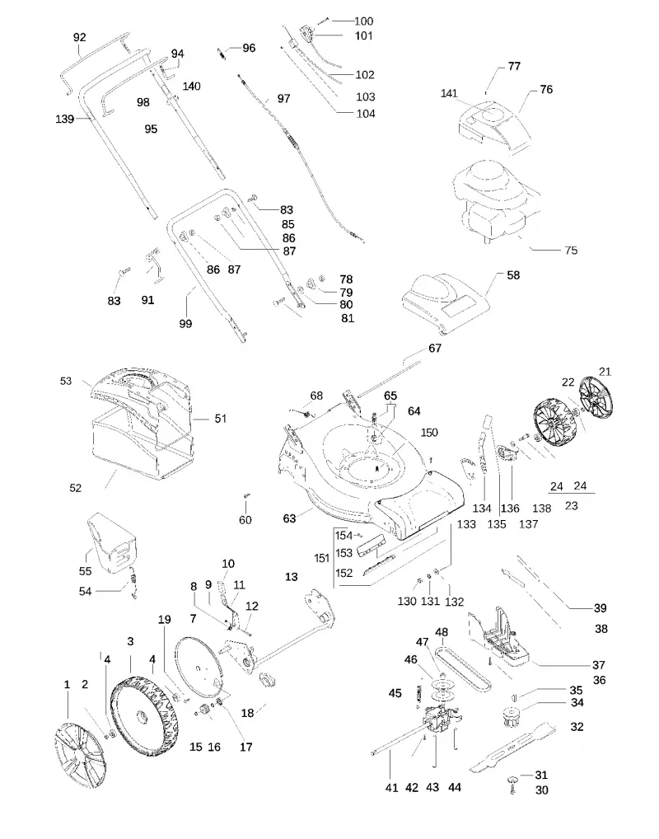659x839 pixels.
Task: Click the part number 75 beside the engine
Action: click(571, 250)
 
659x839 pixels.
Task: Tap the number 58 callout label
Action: click(513, 275)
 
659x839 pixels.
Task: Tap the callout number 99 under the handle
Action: click(185, 324)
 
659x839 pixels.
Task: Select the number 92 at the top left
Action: click(79, 37)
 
